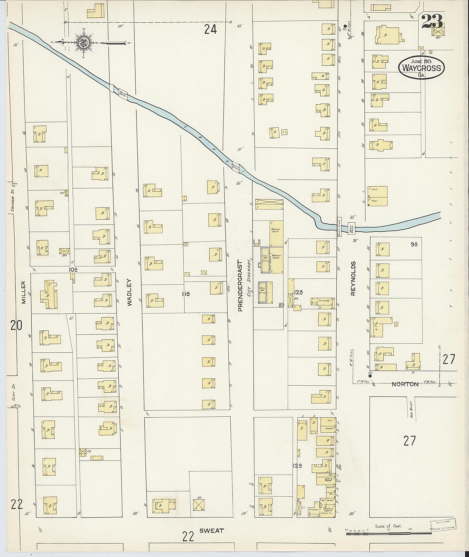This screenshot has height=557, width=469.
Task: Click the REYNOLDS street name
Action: click(x=353, y=278)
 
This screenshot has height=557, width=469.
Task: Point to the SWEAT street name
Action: click(x=212, y=531)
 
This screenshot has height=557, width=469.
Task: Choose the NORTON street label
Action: click(x=405, y=384)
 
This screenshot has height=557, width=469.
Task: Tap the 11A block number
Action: click(x=186, y=294)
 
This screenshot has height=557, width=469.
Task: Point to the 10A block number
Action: click(x=73, y=270)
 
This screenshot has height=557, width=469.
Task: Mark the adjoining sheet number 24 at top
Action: click(x=211, y=30)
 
